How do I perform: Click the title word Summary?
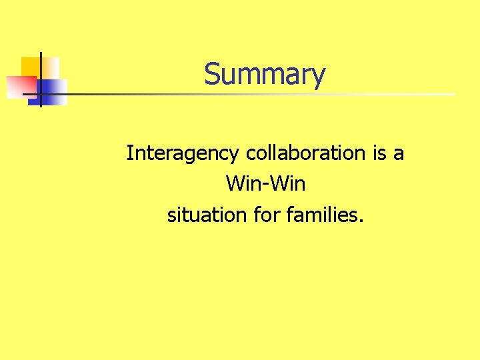[x=265, y=75]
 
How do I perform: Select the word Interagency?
[x=183, y=154]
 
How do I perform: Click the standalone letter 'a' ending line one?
[x=399, y=154]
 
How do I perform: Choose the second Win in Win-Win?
[x=289, y=183]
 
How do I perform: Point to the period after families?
[x=361, y=220]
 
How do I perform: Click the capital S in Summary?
[x=211, y=74]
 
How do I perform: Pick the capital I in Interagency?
[x=130, y=153]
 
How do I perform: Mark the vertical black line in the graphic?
[x=41, y=79]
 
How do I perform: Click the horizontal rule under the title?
[x=267, y=94]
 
